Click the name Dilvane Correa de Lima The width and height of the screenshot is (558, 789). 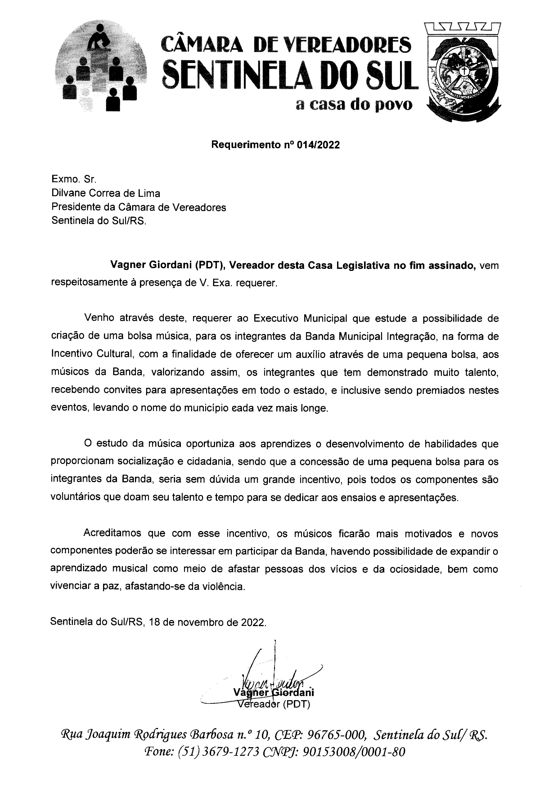click(x=106, y=193)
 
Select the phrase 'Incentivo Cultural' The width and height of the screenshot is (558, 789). click(x=92, y=354)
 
